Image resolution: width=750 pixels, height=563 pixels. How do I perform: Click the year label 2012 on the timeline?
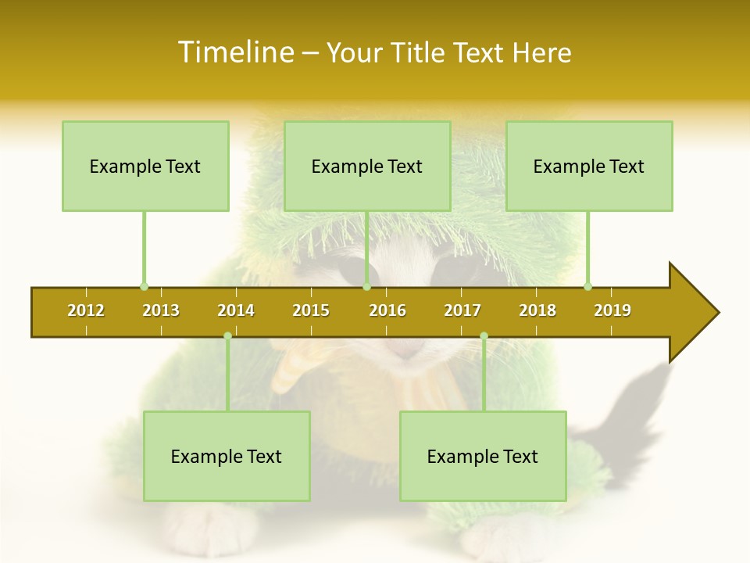click(x=86, y=310)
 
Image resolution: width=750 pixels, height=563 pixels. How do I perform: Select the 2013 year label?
click(x=161, y=310)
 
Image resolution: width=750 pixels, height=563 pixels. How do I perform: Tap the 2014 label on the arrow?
click(x=236, y=310)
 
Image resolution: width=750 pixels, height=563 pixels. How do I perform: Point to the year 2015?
click(x=311, y=310)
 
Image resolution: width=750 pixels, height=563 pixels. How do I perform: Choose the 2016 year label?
click(x=387, y=310)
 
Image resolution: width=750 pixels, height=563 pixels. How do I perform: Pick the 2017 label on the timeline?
click(x=462, y=310)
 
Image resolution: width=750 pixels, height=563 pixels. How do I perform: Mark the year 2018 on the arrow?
click(x=537, y=310)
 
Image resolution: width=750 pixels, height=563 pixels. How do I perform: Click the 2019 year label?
click(x=612, y=310)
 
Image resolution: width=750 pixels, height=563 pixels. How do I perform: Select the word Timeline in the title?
click(x=234, y=52)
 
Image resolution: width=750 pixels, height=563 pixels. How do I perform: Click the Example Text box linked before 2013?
click(x=145, y=166)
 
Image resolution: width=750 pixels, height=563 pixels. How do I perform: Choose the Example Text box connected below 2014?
click(x=227, y=456)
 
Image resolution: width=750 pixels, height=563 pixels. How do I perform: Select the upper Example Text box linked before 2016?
click(x=367, y=166)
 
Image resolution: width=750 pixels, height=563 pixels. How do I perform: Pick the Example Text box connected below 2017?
click(x=483, y=456)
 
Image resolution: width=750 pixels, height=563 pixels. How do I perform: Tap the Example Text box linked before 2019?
click(x=589, y=166)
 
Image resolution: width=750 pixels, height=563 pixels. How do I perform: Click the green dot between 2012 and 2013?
click(x=144, y=286)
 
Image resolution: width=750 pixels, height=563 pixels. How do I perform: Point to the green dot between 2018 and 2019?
click(x=587, y=286)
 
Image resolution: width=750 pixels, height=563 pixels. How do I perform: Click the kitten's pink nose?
click(x=408, y=351)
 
